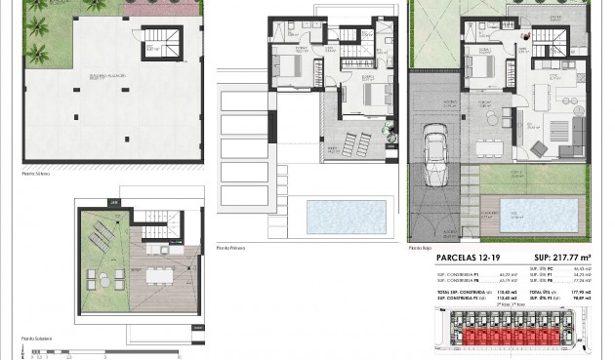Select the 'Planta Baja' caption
[421, 248]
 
